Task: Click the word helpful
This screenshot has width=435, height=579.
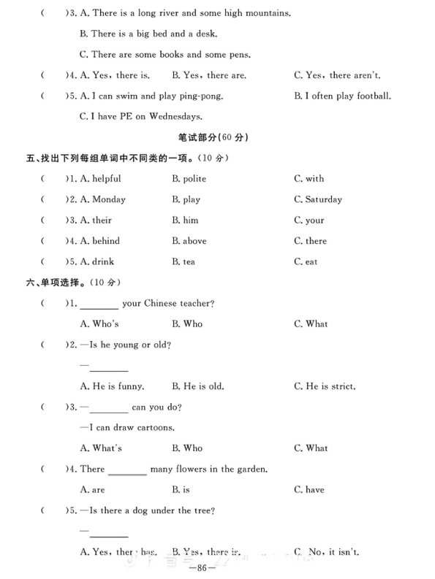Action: click(106, 179)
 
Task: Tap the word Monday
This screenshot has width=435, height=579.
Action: click(109, 199)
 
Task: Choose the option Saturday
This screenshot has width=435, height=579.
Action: click(323, 199)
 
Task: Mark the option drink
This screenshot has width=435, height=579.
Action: click(103, 261)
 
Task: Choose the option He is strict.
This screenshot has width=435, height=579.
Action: click(330, 386)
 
